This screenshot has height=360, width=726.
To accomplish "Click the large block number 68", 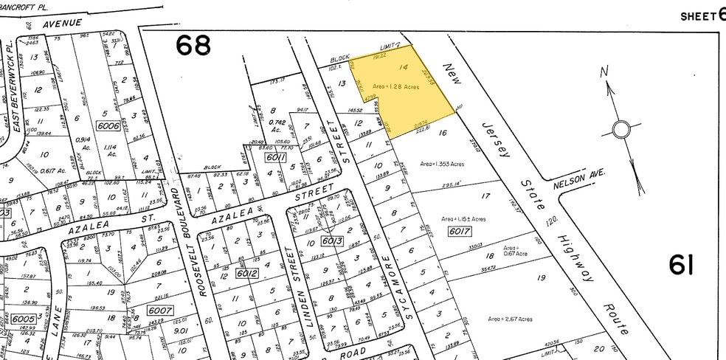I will tap(193, 46).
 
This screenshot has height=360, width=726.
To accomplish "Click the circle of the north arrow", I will tap(621, 131).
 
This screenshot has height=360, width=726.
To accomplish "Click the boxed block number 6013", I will tap(332, 240).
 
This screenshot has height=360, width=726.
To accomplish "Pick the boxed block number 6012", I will tap(245, 272).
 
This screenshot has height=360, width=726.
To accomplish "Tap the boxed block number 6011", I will tap(275, 157).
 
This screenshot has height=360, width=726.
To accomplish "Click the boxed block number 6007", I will tap(159, 311).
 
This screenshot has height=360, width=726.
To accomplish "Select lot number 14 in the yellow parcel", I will tap(403, 68).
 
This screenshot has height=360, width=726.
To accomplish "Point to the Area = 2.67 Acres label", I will tap(510, 319).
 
